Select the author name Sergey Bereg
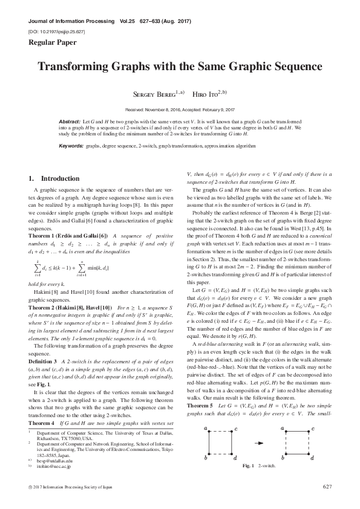[153, 94]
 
